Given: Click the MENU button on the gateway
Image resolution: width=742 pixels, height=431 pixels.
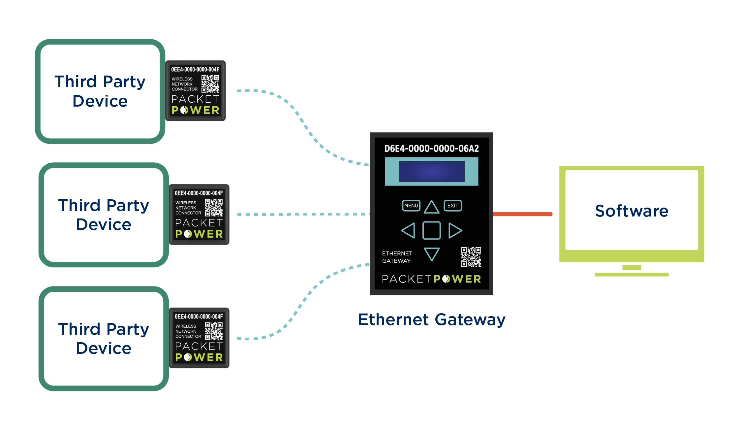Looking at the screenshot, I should click(x=411, y=206).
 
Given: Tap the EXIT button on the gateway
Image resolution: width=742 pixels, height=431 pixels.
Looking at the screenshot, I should click(x=452, y=206).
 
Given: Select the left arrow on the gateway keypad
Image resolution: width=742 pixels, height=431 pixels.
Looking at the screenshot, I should click(x=408, y=230).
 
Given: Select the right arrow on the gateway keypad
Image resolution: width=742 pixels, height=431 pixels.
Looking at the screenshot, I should click(x=455, y=230).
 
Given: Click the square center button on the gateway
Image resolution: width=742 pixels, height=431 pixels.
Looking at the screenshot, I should click(x=431, y=230).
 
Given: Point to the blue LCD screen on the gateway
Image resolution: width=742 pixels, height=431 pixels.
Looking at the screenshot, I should click(x=431, y=171).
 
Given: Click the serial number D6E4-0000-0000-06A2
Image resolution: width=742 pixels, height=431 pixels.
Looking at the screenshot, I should click(x=431, y=149).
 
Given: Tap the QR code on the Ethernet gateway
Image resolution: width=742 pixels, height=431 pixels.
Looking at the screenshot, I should click(x=471, y=257).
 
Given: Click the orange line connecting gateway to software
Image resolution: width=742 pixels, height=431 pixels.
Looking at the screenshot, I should click(x=523, y=214).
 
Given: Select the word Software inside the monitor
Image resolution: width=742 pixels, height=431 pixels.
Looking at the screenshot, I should click(x=632, y=211).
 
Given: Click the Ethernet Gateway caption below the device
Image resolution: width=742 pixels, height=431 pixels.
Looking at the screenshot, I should click(x=432, y=319).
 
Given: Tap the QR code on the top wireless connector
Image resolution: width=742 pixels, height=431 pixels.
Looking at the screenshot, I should click(x=210, y=84).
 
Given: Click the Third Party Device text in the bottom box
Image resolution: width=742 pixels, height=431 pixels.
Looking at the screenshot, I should click(x=104, y=338).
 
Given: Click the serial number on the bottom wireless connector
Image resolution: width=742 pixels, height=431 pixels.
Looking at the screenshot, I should click(x=199, y=316).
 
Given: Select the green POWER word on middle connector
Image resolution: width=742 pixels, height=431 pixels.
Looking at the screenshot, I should click(x=199, y=234).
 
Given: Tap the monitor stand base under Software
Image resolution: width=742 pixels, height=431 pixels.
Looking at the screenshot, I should click(x=632, y=275).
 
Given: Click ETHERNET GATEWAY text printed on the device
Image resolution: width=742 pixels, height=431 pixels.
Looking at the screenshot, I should click(x=397, y=257).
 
